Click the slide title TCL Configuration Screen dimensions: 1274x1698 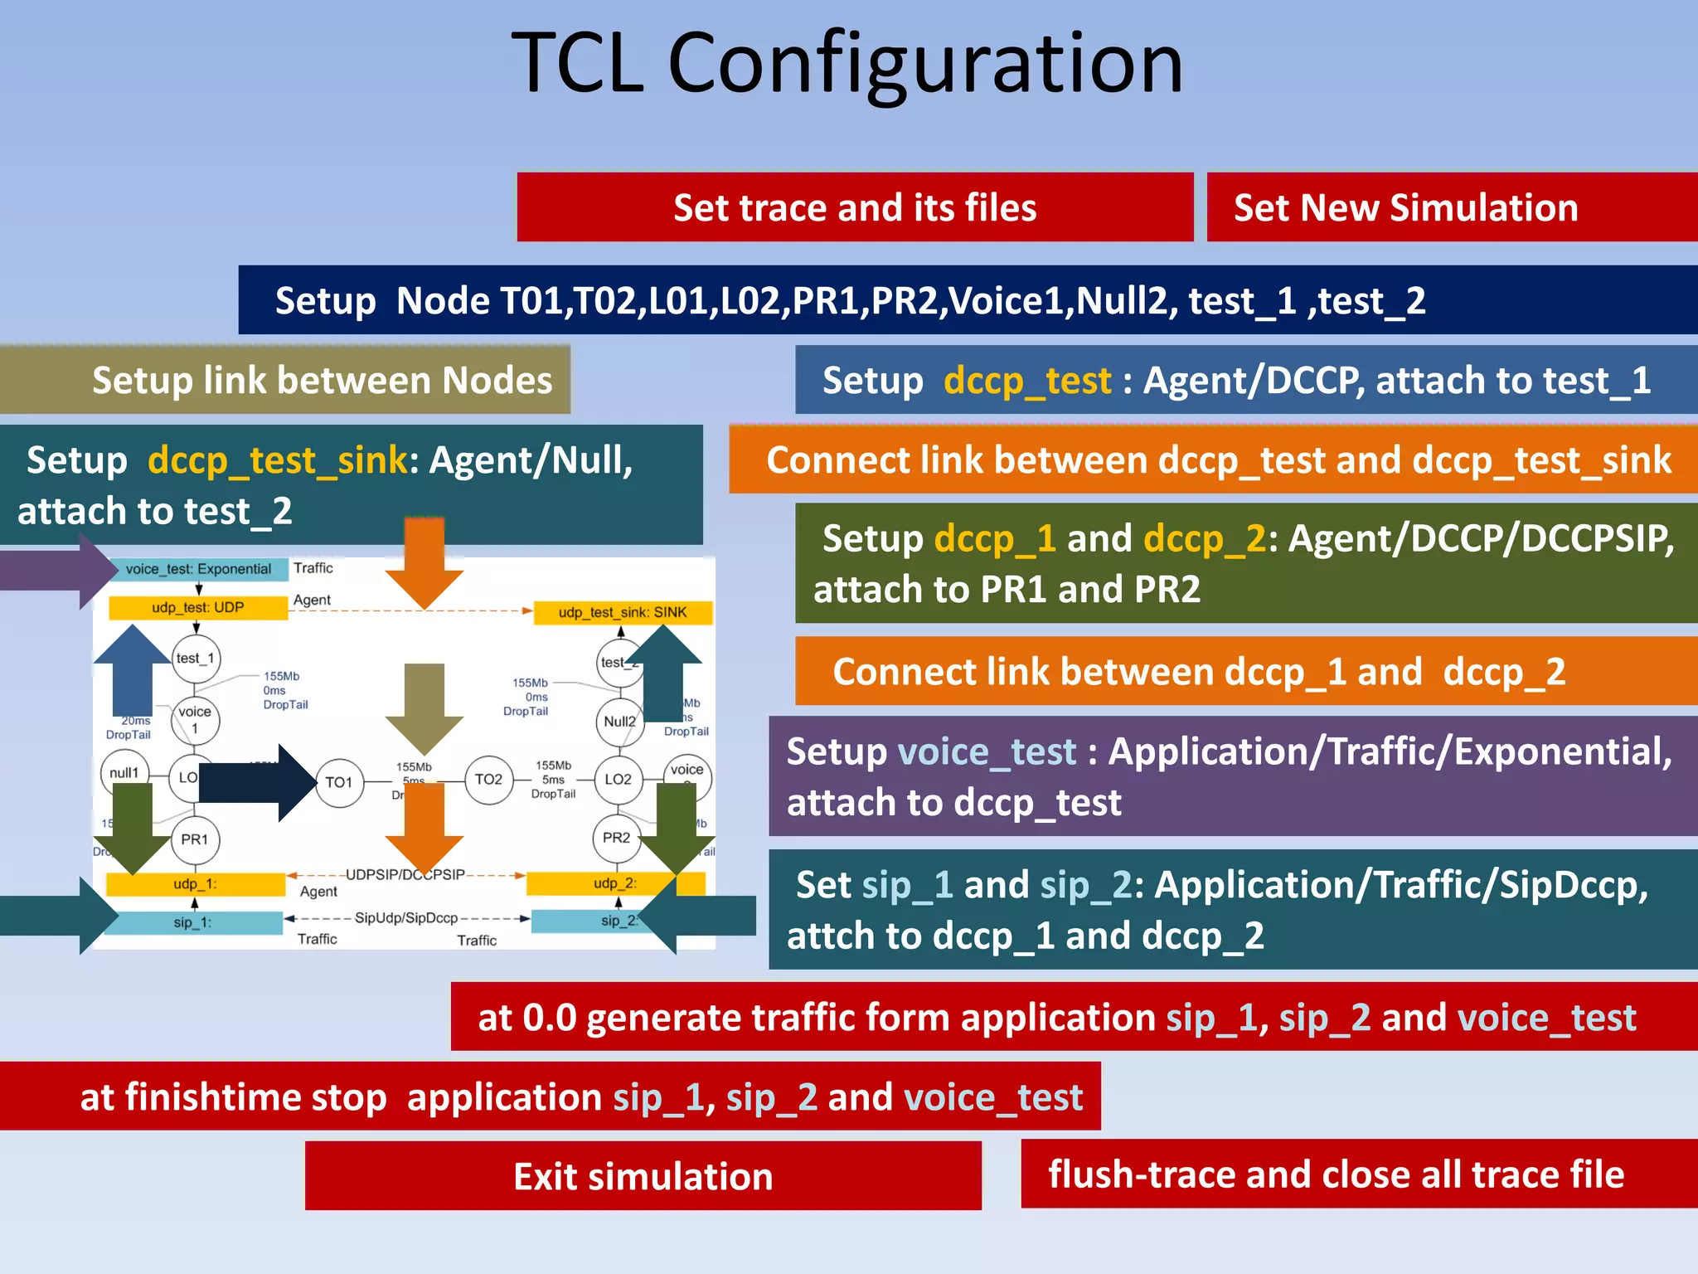click(x=847, y=63)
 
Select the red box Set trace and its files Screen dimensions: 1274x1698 click(x=855, y=207)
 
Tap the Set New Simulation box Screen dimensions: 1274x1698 click(x=1451, y=207)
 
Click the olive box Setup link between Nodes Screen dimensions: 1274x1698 click(x=285, y=380)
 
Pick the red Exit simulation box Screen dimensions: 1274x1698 click(x=643, y=1176)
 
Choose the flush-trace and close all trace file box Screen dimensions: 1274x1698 click(x=1358, y=1174)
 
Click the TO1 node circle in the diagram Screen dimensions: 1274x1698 click(x=339, y=782)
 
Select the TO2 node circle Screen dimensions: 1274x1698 click(x=488, y=780)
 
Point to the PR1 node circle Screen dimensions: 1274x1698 click(x=195, y=839)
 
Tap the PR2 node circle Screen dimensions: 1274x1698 click(x=616, y=838)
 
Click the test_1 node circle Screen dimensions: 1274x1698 click(x=196, y=659)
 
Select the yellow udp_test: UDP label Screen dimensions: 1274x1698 click(x=198, y=608)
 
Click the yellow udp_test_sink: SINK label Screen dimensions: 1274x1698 click(x=623, y=613)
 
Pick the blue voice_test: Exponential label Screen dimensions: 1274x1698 click(x=199, y=569)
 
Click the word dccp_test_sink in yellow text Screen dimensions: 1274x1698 click(x=278, y=460)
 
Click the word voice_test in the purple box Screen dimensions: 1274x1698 click(x=987, y=751)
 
